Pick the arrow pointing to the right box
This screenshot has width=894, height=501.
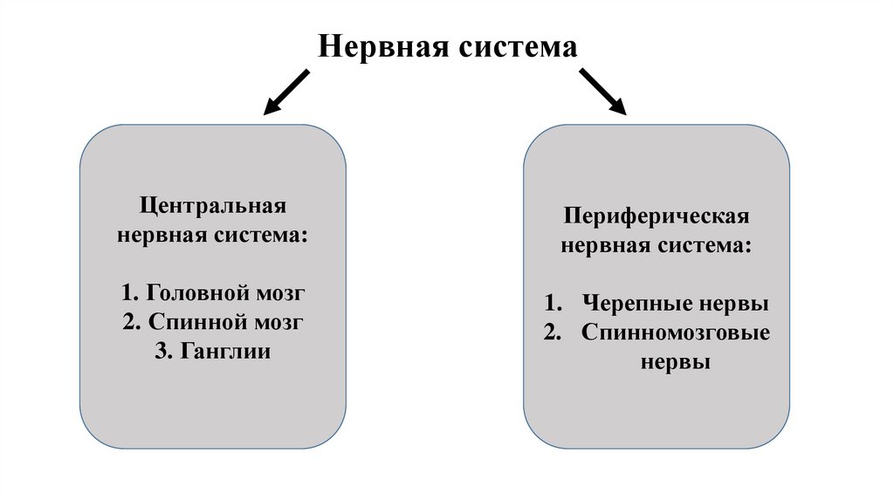pyautogui.click(x=603, y=92)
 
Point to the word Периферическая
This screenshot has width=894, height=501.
pyautogui.click(x=656, y=216)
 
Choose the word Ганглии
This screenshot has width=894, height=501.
pyautogui.click(x=227, y=351)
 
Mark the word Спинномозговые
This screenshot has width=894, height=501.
pyautogui.click(x=676, y=333)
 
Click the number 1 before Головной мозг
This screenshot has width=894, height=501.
pyautogui.click(x=129, y=292)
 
